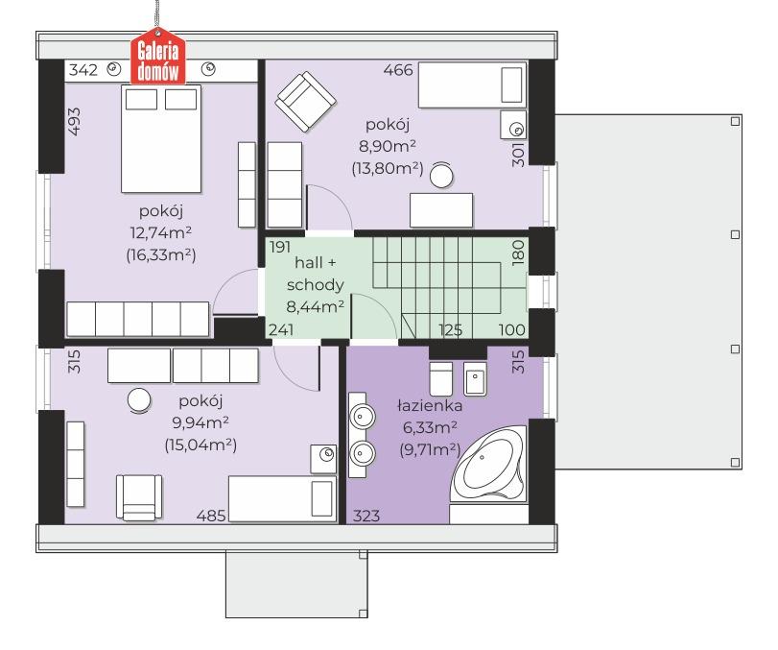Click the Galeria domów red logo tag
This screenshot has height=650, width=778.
[x=157, y=56]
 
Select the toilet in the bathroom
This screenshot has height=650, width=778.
[x=440, y=378]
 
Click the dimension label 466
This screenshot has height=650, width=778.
[x=398, y=70]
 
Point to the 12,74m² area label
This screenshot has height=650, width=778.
[x=161, y=232]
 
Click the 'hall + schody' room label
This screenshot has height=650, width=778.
[x=316, y=274]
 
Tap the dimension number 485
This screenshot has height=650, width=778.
[x=211, y=516]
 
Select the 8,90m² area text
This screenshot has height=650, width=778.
[x=387, y=146]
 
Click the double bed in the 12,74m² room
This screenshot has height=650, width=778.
[x=161, y=138]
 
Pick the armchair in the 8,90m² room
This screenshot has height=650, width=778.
[x=306, y=102]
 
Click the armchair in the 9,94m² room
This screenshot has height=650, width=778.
[x=139, y=497]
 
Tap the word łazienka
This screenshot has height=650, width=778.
[x=430, y=406]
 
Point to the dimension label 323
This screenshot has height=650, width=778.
[x=366, y=516]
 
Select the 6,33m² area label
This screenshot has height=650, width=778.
[x=430, y=427]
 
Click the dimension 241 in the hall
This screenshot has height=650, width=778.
[x=281, y=329]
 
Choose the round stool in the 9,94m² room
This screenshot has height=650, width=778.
[x=139, y=400]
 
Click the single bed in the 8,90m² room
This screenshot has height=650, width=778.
[x=472, y=84]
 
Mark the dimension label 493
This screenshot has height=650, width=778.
[x=74, y=122]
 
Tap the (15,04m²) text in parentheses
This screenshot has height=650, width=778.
[x=200, y=445]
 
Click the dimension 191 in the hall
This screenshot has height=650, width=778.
[x=280, y=247]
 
